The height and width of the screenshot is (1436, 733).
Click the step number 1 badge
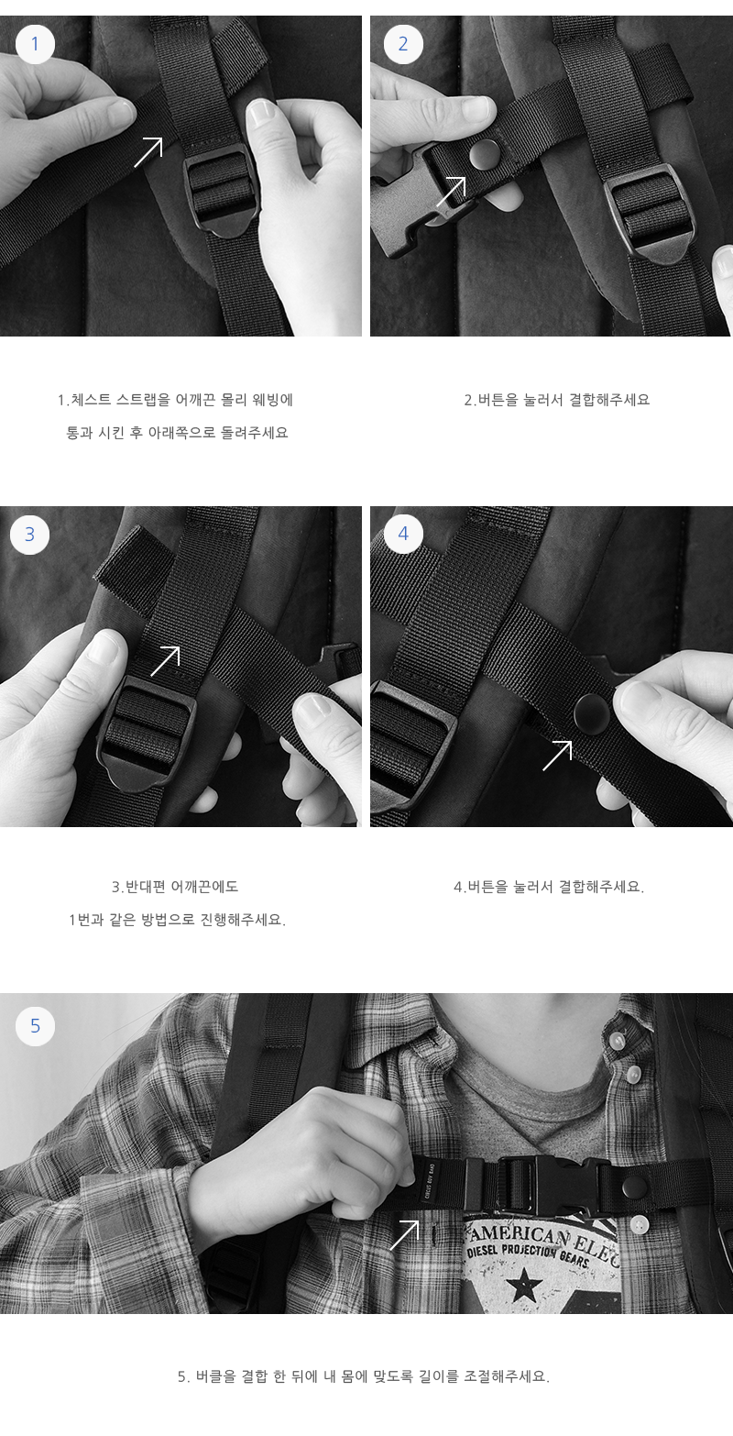[x=35, y=44]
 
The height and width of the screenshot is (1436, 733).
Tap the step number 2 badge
[x=403, y=44]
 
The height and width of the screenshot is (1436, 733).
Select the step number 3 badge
[x=29, y=535]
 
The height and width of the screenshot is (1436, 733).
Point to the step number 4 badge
[x=403, y=534]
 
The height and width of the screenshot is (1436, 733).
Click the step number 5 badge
[x=35, y=1026]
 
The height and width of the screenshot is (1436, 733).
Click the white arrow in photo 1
[x=148, y=152]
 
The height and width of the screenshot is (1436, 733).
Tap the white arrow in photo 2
[x=451, y=192]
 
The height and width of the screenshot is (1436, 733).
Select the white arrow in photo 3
[x=165, y=661]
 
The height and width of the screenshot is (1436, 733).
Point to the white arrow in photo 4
[x=557, y=756]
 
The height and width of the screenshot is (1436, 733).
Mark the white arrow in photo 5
[x=404, y=1234]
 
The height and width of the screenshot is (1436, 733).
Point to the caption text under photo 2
[x=557, y=400]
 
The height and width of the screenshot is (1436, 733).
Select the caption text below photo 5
[x=364, y=1376]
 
